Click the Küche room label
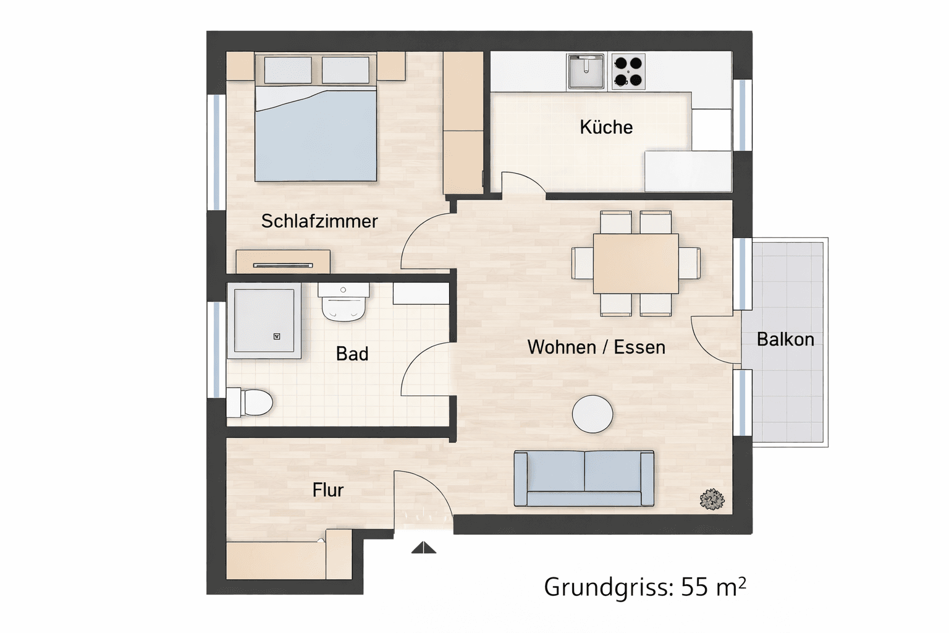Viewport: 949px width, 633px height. pyautogui.click(x=606, y=127)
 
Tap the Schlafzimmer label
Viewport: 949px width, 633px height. pyautogui.click(x=319, y=221)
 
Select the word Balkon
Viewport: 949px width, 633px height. pyautogui.click(x=785, y=339)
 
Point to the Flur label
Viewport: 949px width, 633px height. pyautogui.click(x=327, y=490)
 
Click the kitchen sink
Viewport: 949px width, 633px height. pyautogui.click(x=585, y=71)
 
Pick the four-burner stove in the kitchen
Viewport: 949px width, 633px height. pyautogui.click(x=628, y=71)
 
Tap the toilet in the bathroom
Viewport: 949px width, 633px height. pyautogui.click(x=250, y=402)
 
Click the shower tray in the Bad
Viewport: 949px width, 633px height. pyautogui.click(x=264, y=321)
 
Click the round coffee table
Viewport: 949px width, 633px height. pyautogui.click(x=593, y=414)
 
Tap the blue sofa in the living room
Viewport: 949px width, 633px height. pyautogui.click(x=584, y=478)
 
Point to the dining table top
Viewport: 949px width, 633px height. pyautogui.click(x=636, y=263)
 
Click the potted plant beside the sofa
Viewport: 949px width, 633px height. pyautogui.click(x=712, y=499)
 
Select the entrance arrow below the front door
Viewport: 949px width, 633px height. pyautogui.click(x=424, y=548)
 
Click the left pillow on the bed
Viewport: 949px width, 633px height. pyautogui.click(x=288, y=70)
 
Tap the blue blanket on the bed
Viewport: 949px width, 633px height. pyautogui.click(x=316, y=137)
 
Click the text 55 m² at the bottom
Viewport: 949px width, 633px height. pyautogui.click(x=713, y=587)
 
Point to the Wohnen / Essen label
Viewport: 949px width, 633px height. pyautogui.click(x=596, y=347)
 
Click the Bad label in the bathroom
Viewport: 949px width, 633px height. pyautogui.click(x=352, y=354)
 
